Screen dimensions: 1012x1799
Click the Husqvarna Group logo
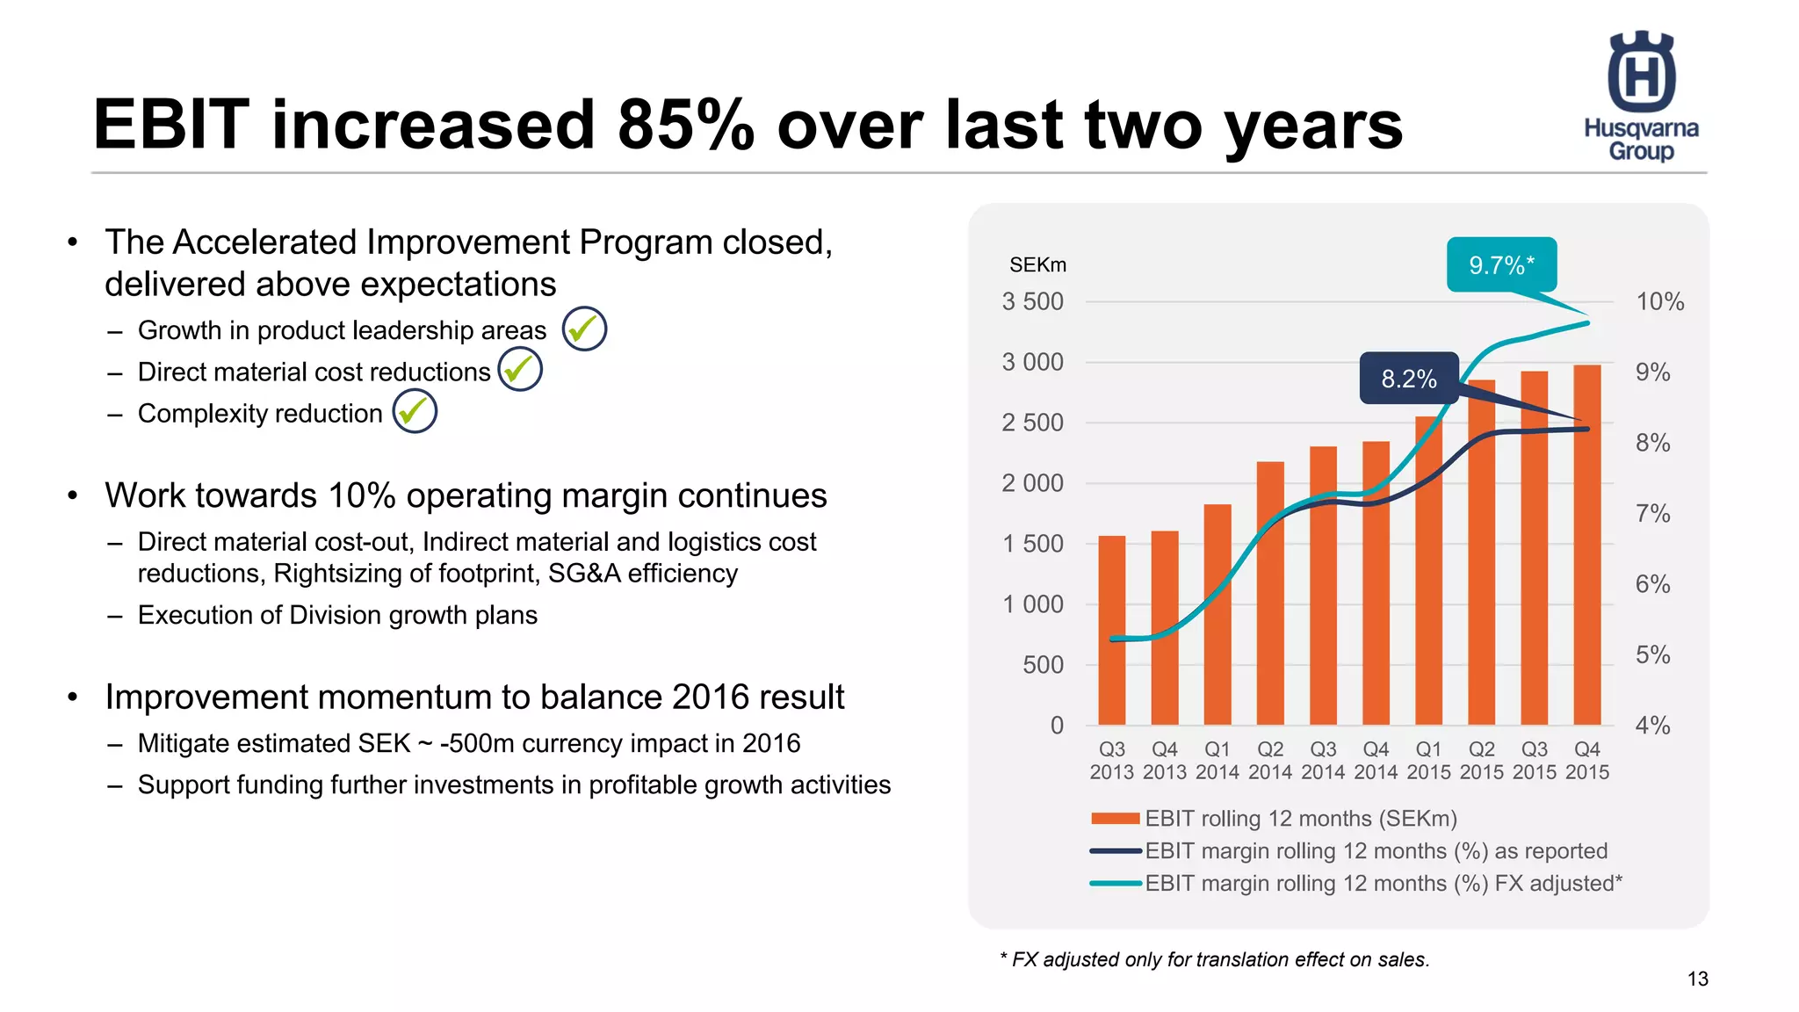(x=1641, y=97)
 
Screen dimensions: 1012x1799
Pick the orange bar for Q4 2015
(x=1586, y=545)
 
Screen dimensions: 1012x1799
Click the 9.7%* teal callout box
(x=1501, y=264)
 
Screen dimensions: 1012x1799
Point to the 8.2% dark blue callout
(x=1409, y=379)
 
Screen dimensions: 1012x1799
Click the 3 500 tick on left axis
(x=1032, y=302)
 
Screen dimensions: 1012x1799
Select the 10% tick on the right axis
(x=1659, y=302)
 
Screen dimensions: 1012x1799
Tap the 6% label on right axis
(x=1652, y=584)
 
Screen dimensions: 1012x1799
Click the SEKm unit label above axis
(x=1037, y=264)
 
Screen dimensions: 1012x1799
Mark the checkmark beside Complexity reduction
(x=415, y=411)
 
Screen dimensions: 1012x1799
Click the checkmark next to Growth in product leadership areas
(x=584, y=329)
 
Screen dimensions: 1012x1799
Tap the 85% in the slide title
(x=685, y=125)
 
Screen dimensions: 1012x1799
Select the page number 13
(x=1697, y=979)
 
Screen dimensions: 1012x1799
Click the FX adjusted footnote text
(x=1215, y=959)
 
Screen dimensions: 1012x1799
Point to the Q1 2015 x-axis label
(x=1428, y=761)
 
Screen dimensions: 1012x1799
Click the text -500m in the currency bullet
(x=477, y=743)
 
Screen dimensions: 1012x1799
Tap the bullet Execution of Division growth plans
(x=337, y=615)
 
